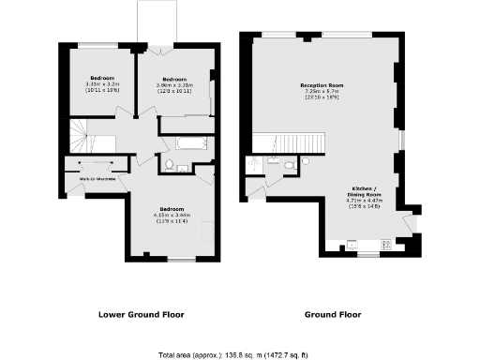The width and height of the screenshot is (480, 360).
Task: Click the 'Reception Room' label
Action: click(x=319, y=85)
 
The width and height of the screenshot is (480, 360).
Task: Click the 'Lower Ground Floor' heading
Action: click(x=141, y=314)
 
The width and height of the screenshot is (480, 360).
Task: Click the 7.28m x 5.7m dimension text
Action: click(x=319, y=92)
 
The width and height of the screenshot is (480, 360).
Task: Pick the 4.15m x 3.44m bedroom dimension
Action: click(x=172, y=215)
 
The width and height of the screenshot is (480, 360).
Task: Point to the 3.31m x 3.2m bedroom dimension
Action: click(x=101, y=84)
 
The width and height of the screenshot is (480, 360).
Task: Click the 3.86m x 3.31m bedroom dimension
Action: click(x=173, y=85)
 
